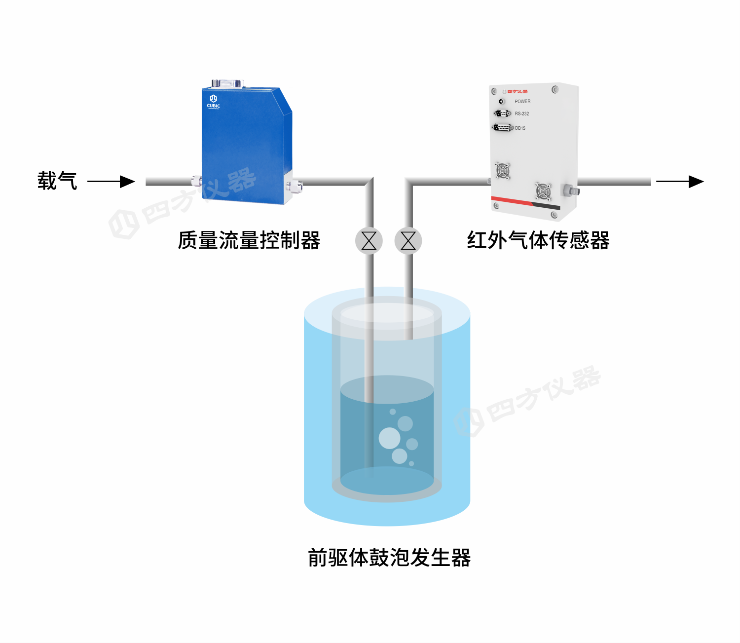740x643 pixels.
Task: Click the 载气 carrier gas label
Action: coord(57,181)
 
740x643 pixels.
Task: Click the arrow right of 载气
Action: coord(111,182)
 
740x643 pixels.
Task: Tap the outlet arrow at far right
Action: coord(680,182)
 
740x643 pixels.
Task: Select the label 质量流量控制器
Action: coord(249,241)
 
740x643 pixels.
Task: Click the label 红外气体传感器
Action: coord(538,241)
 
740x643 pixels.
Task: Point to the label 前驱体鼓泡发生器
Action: coord(389,558)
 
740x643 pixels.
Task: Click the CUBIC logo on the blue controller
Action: coord(214,101)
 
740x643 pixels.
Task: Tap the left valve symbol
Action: coord(369,241)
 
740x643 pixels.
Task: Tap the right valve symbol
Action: coord(408,241)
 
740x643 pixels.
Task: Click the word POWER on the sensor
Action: coord(522,102)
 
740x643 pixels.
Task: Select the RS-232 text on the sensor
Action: coord(522,114)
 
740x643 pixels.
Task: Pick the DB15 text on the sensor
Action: coord(520,128)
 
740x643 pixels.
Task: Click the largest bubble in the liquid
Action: coord(390,438)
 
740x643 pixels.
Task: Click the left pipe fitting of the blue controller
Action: coord(196,181)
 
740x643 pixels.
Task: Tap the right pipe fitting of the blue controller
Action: coord(295,186)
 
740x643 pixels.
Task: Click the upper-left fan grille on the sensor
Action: coord(503,171)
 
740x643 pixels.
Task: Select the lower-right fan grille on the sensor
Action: coord(543,191)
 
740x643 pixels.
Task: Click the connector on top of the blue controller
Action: coord(227,83)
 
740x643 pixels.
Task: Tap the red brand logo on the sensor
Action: coord(518,92)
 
